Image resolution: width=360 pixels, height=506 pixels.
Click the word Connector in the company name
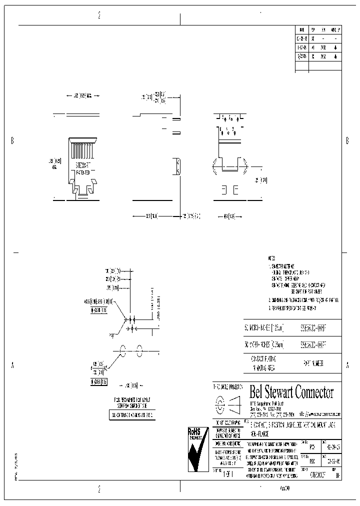click(314, 391)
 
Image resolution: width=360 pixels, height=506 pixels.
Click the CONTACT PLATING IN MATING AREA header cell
click(263, 362)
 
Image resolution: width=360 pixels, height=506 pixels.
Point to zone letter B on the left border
click(12, 140)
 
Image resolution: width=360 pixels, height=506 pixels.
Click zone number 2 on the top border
click(99, 15)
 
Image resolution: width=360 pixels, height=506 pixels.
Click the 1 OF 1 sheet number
click(226, 474)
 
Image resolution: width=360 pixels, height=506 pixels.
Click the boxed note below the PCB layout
click(130, 415)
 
